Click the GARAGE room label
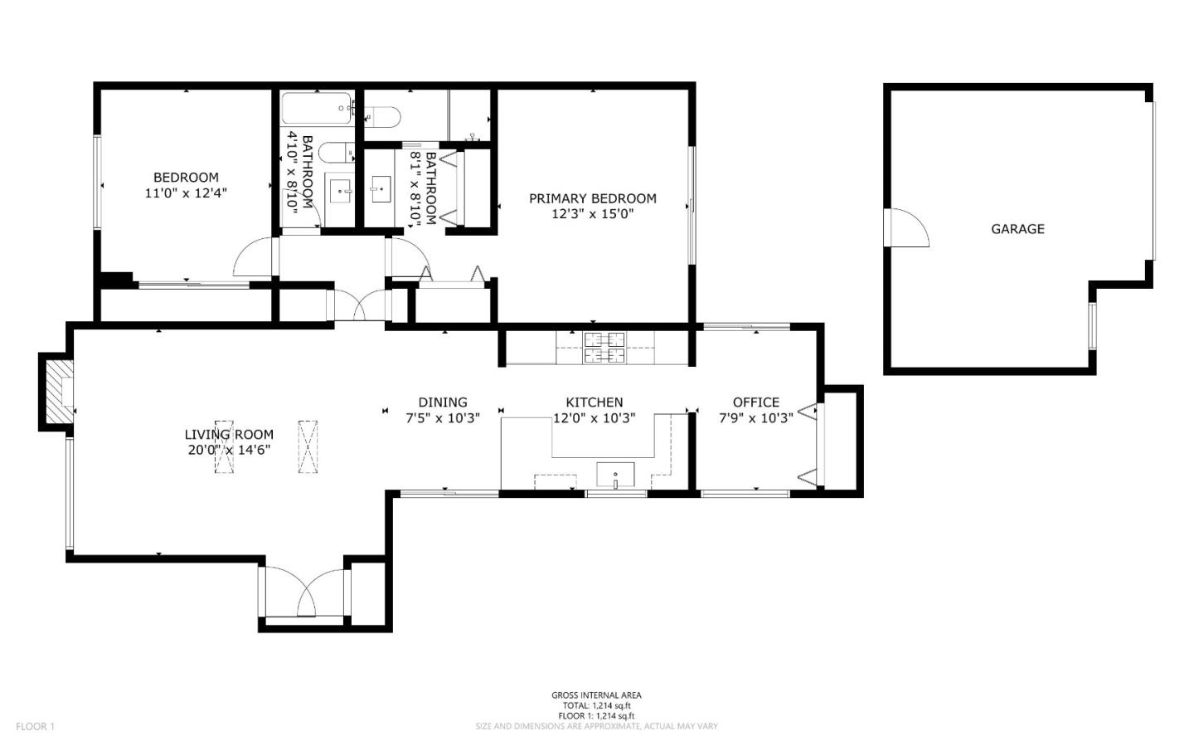[x=1017, y=229]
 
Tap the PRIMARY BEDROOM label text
[x=592, y=198]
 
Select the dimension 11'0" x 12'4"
[x=186, y=193]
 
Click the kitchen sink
[x=615, y=475]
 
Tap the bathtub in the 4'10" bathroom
[x=316, y=109]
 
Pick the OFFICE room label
[x=755, y=402]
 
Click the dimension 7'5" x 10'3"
[x=443, y=418]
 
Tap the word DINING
[x=443, y=402]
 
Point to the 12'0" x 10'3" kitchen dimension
[x=595, y=418]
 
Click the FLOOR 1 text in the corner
[x=35, y=727]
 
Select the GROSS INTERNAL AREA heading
[x=596, y=695]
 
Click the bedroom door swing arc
[x=253, y=258]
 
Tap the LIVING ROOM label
[x=229, y=434]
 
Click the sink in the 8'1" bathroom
[x=381, y=189]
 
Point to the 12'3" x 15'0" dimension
[x=592, y=213]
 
